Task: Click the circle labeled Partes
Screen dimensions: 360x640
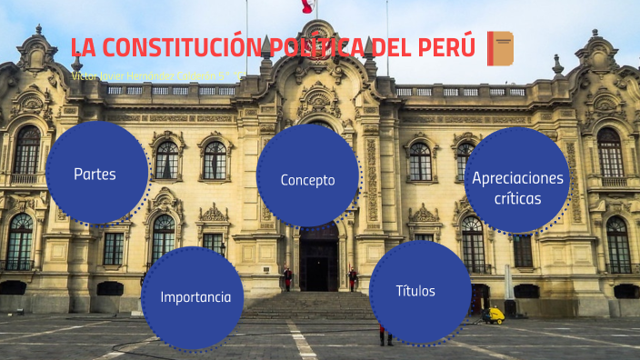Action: (95, 173)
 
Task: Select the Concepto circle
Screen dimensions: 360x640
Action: (307, 179)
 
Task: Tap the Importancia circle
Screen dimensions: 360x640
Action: (195, 297)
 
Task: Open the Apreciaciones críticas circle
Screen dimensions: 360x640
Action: (518, 185)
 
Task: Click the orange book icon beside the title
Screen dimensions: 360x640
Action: (499, 47)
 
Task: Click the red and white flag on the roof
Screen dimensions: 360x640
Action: (307, 7)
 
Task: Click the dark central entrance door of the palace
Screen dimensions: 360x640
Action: (318, 265)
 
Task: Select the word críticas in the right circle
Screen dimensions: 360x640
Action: (518, 197)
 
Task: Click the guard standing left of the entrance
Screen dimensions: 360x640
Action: (287, 277)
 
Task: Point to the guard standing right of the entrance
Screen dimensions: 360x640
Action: (352, 277)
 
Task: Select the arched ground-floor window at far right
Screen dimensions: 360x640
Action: (618, 244)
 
